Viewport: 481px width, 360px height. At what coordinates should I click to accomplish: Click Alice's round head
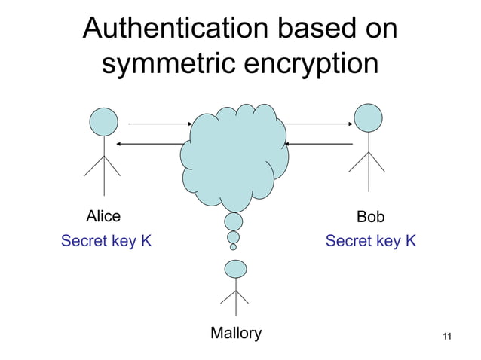click(x=103, y=121)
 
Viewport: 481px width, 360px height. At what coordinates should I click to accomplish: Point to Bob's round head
click(x=369, y=117)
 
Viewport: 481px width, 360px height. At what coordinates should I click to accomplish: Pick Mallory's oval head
click(x=236, y=268)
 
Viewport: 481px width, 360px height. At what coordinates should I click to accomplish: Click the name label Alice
click(x=103, y=217)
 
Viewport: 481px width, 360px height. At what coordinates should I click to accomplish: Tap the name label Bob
click(x=370, y=217)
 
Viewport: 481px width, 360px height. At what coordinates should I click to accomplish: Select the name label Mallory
click(x=236, y=333)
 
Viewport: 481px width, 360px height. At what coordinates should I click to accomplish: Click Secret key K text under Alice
click(x=106, y=241)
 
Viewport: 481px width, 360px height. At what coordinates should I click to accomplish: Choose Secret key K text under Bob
click(x=370, y=241)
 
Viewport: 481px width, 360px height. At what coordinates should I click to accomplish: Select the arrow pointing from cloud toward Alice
click(x=151, y=143)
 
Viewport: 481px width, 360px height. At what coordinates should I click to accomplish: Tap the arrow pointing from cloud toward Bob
click(x=317, y=124)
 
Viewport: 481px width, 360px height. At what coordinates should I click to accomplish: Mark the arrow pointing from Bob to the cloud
click(x=319, y=143)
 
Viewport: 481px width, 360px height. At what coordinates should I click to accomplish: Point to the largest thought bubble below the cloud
click(x=234, y=221)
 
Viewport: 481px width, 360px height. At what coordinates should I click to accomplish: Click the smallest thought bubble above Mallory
click(x=233, y=246)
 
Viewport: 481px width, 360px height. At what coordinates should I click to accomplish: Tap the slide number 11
click(x=447, y=336)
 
